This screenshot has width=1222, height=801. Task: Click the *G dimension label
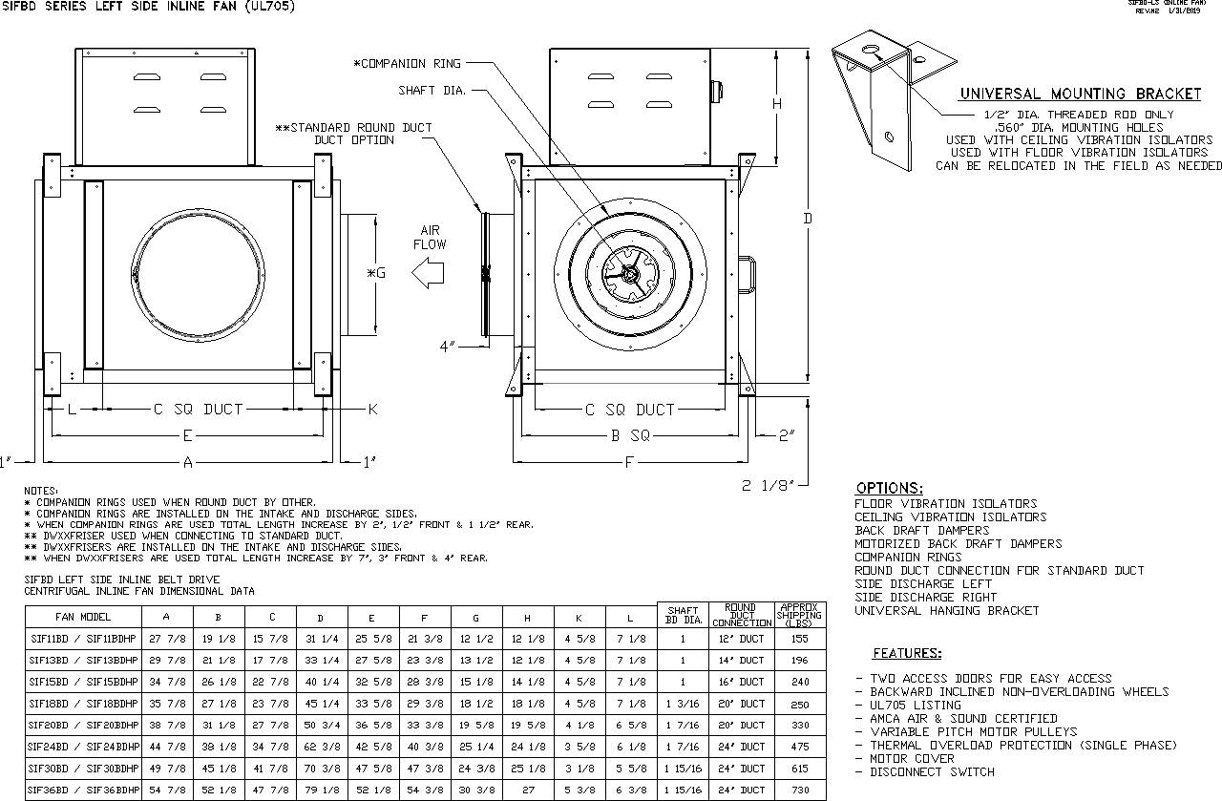(376, 273)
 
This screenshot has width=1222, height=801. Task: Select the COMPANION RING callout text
(407, 64)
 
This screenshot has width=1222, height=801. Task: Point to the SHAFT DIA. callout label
(432, 91)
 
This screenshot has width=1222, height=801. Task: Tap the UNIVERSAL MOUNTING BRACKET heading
(1080, 94)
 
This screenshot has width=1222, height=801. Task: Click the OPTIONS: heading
(888, 488)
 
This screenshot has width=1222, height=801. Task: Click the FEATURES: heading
(907, 654)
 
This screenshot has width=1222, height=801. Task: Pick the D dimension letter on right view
(807, 220)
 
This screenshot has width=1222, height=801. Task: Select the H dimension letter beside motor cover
(777, 103)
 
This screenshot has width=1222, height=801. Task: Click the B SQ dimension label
(630, 435)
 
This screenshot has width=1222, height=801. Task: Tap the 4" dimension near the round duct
(448, 347)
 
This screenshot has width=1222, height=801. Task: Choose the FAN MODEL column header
(83, 617)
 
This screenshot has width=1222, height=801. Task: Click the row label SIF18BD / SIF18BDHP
(83, 704)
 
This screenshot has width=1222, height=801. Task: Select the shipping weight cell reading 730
(799, 790)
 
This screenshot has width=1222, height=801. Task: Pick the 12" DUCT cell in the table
(740, 639)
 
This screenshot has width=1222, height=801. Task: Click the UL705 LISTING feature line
(915, 705)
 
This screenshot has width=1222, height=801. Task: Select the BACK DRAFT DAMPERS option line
(921, 530)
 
